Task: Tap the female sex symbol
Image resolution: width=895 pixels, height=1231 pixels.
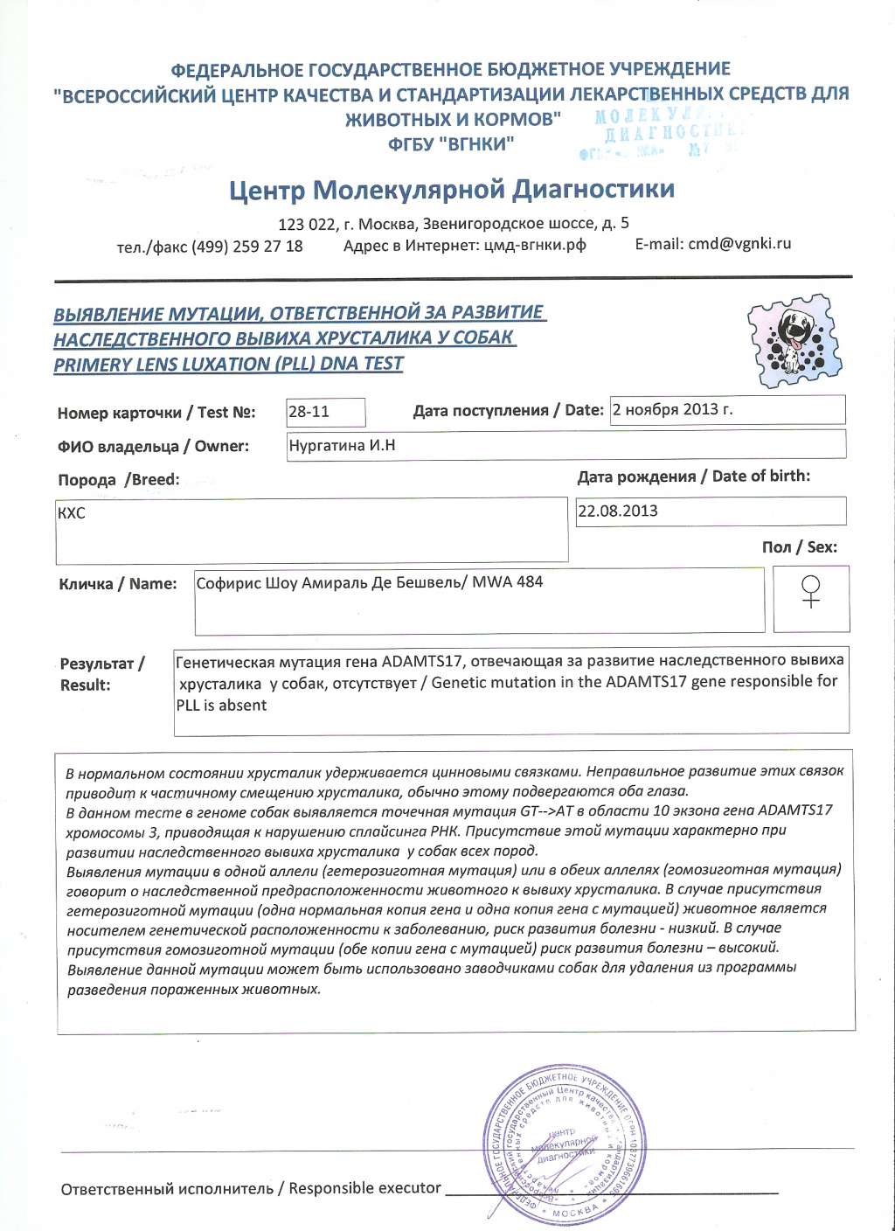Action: pyautogui.click(x=811, y=592)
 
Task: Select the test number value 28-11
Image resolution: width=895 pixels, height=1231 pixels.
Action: pyautogui.click(x=309, y=412)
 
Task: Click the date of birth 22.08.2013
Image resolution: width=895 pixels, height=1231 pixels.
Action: pyautogui.click(x=618, y=511)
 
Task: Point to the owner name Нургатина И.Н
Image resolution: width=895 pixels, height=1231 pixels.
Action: pyautogui.click(x=342, y=446)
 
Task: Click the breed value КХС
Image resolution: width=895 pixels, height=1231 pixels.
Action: pyautogui.click(x=71, y=513)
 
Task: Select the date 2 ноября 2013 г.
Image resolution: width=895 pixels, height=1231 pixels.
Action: pyautogui.click(x=672, y=409)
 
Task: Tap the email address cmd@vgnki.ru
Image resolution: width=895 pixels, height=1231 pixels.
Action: pyautogui.click(x=739, y=244)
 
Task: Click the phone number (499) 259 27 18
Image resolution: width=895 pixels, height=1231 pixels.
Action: pyautogui.click(x=247, y=247)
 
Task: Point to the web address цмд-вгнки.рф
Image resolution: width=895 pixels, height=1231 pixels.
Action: pyautogui.click(x=535, y=246)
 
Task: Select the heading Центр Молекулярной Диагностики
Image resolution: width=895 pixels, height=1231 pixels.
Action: pyautogui.click(x=452, y=189)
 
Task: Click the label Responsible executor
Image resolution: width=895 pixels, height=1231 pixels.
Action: pyautogui.click(x=364, y=1188)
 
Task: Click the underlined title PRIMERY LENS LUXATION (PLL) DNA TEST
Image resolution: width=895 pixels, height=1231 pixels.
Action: pyautogui.click(x=228, y=365)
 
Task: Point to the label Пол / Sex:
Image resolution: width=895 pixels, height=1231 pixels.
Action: pyautogui.click(x=799, y=547)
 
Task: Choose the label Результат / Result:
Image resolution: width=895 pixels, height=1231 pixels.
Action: pyautogui.click(x=101, y=674)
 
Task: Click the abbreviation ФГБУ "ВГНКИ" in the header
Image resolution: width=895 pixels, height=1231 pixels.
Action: pyautogui.click(x=451, y=144)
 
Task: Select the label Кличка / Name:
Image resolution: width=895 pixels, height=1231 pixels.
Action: pyautogui.click(x=117, y=584)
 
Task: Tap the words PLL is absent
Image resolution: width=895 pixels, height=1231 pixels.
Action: pyautogui.click(x=222, y=705)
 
